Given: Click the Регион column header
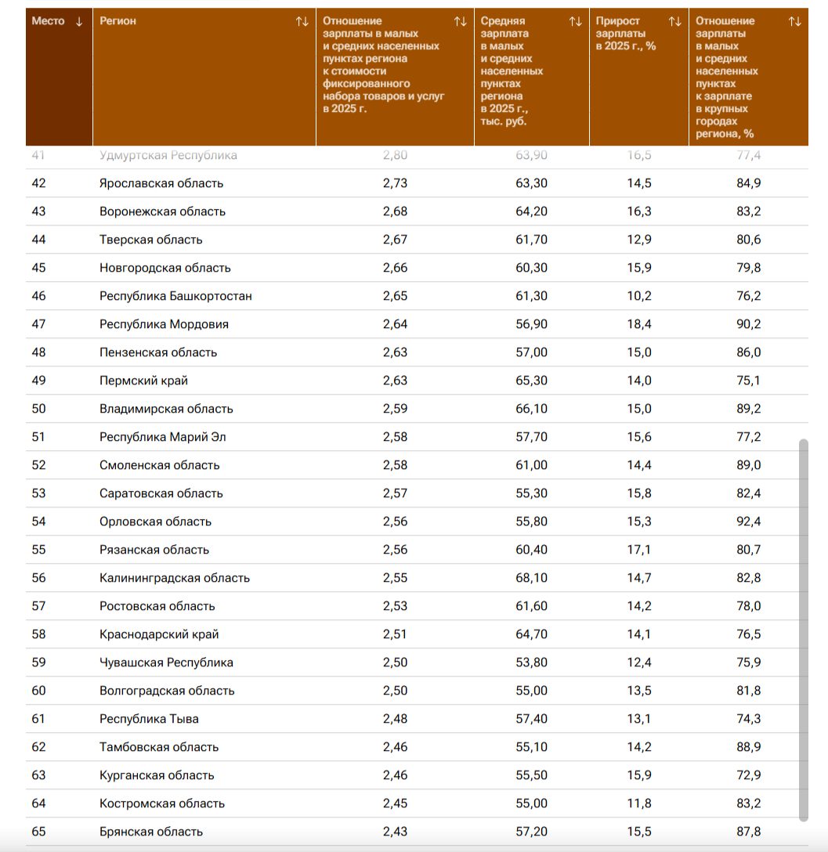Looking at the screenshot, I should pos(118,21).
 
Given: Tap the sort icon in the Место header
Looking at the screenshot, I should pos(79,21).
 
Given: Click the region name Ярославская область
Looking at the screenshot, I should pos(161,183).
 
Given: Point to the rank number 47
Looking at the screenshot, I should pos(38,324).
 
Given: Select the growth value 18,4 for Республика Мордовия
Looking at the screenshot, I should pos(639,324).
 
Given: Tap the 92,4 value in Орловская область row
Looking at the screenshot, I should pos(748,522).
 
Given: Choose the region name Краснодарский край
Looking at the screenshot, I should pos(159,634).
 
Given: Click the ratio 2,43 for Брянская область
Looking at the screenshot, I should pos(395,832).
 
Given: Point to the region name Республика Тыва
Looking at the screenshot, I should pos(149,719).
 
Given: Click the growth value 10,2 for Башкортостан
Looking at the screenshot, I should pos(639,296).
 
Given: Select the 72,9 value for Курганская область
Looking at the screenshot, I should pos(748,775).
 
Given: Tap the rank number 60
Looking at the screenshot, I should pos(38,691).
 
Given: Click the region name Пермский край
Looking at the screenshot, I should pos(143,381).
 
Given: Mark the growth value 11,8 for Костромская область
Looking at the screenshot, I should pos(639,803).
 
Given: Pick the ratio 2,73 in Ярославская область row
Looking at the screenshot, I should pos(395,183).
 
